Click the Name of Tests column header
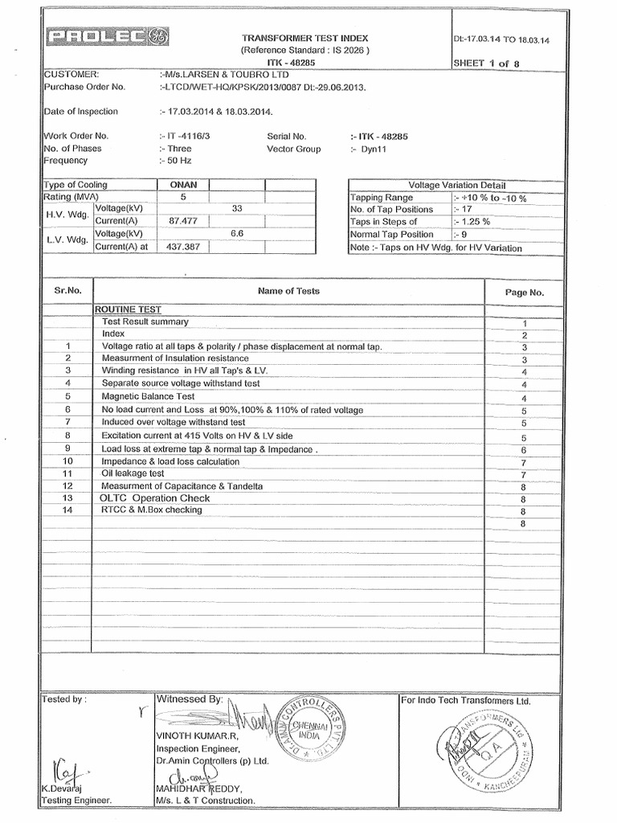tap(288, 292)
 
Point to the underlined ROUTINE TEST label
tap(129, 309)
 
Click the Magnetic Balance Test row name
tap(148, 397)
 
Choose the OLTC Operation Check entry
tap(155, 498)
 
